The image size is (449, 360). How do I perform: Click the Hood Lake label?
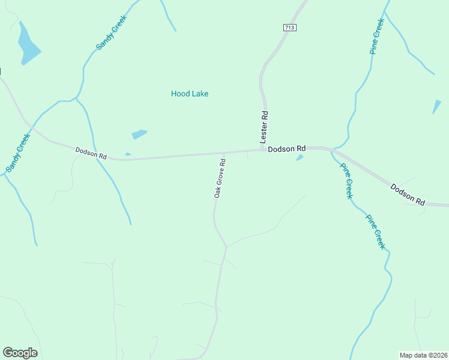click(190, 94)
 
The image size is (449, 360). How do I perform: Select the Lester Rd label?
click(264, 126)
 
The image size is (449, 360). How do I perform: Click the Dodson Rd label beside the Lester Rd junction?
click(287, 148)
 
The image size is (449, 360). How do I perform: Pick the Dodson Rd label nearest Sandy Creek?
click(91, 153)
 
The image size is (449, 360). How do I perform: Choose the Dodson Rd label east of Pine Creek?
click(408, 196)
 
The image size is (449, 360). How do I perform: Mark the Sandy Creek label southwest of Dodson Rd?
click(17, 152)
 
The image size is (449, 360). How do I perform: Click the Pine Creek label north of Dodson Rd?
click(377, 37)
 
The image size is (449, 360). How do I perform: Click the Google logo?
click(20, 353)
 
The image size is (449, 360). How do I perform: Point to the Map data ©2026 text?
click(423, 355)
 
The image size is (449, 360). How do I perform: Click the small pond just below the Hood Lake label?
click(139, 134)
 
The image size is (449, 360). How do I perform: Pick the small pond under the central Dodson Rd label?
click(300, 158)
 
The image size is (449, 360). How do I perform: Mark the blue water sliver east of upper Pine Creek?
click(436, 107)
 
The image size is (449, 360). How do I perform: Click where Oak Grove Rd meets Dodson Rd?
click(224, 153)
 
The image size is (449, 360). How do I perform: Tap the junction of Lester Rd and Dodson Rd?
click(262, 149)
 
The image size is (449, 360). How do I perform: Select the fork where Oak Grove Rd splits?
click(226, 246)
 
